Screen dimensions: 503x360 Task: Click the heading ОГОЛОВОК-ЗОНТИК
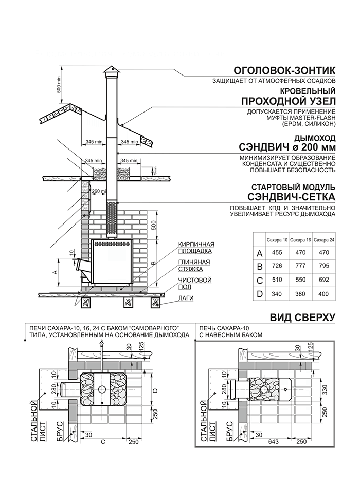tap(284, 70)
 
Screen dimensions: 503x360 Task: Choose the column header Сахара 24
tap(324, 240)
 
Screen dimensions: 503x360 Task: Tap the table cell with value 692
tap(324, 281)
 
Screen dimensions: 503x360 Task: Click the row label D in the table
tap(260, 294)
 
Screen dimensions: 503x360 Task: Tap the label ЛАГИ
tap(185, 297)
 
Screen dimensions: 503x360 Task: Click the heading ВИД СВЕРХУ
tap(302, 317)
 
